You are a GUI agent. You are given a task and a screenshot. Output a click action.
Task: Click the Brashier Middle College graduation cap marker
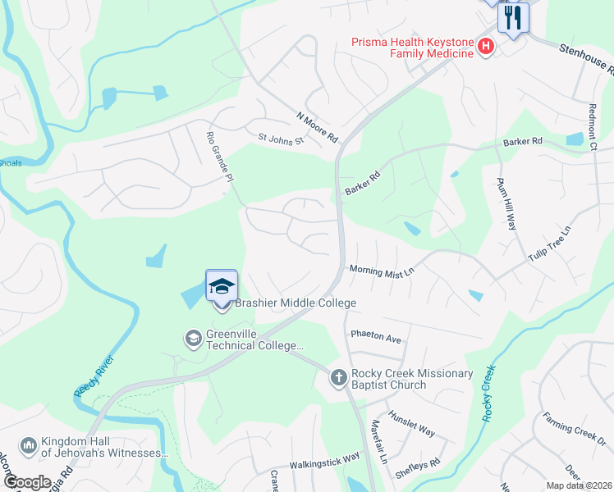(222, 287)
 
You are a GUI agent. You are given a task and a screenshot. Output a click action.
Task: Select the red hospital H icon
(485, 47)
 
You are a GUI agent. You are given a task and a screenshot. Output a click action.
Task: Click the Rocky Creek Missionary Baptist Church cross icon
(338, 378)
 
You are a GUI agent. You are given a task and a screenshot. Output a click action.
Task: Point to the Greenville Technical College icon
(192, 338)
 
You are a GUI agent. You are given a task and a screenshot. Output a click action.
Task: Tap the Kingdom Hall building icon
(28, 445)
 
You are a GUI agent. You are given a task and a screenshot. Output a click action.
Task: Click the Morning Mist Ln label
(378, 270)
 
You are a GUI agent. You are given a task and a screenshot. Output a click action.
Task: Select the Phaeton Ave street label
(375, 338)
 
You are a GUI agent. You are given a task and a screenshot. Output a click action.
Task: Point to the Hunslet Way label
(411, 423)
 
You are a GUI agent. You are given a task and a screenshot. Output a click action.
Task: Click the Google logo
(27, 482)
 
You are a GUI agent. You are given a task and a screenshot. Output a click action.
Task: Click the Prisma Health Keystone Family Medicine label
(413, 47)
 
